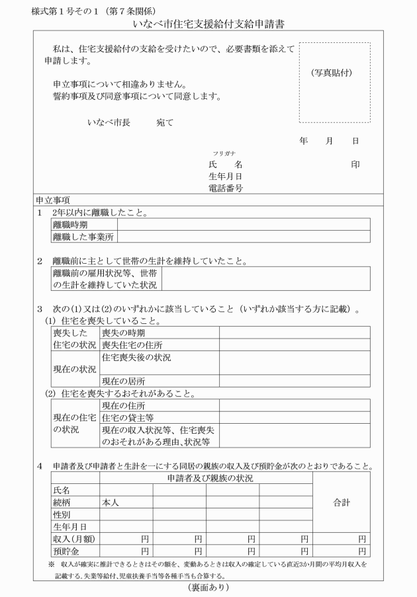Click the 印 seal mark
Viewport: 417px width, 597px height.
355,165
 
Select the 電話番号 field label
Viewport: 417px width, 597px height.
225,188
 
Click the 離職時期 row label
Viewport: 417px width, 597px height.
70,225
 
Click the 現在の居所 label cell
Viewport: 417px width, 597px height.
124,381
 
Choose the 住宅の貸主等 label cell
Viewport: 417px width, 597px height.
128,417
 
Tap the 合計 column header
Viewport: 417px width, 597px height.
341,502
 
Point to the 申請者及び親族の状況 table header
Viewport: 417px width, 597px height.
206,478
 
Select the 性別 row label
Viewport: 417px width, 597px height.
62,514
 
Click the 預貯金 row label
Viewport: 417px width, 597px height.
66,551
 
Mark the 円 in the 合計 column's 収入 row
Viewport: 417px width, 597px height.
361,539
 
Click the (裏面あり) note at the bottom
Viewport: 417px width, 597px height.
208,586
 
